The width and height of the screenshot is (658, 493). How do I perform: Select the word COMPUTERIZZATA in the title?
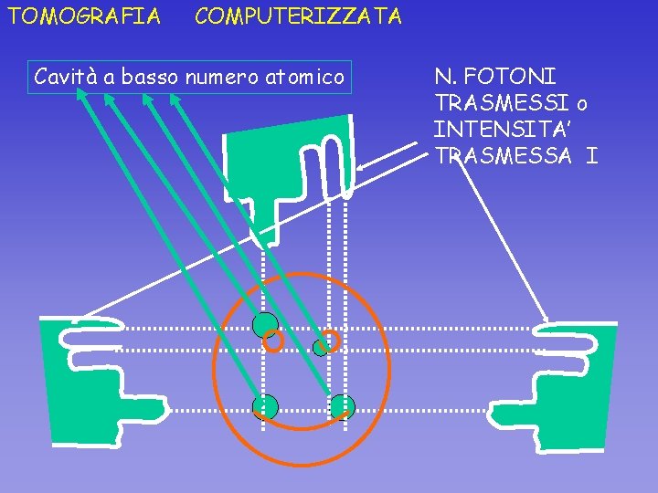[298, 16]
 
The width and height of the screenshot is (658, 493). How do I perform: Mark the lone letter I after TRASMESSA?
[592, 155]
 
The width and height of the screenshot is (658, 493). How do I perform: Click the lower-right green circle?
[343, 406]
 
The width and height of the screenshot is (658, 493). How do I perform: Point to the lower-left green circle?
[265, 407]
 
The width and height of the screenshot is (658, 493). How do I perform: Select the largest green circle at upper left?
[265, 324]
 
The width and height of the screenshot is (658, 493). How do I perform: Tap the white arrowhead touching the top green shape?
[363, 167]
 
